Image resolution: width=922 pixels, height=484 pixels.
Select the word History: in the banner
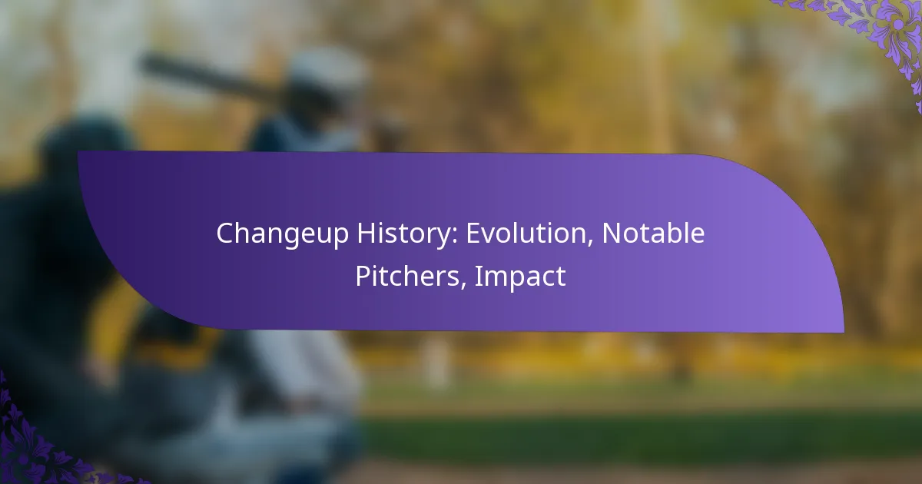(x=407, y=234)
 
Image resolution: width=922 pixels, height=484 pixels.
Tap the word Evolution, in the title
(x=529, y=234)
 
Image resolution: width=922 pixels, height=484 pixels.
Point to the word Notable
(x=654, y=233)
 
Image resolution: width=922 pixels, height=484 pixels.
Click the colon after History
(x=454, y=237)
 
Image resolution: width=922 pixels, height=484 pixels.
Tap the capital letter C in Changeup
(x=226, y=234)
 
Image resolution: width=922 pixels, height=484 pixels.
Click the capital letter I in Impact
(x=477, y=276)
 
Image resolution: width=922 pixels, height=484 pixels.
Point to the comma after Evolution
(x=590, y=243)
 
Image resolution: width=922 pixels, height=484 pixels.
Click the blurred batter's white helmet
(x=327, y=72)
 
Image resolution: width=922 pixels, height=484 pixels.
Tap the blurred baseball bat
(x=214, y=78)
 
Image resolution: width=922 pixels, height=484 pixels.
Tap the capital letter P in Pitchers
(x=363, y=276)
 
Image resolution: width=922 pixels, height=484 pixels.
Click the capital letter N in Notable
(x=612, y=234)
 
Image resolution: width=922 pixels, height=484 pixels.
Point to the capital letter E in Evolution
(x=473, y=234)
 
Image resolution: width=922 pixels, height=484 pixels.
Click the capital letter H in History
(x=366, y=234)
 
